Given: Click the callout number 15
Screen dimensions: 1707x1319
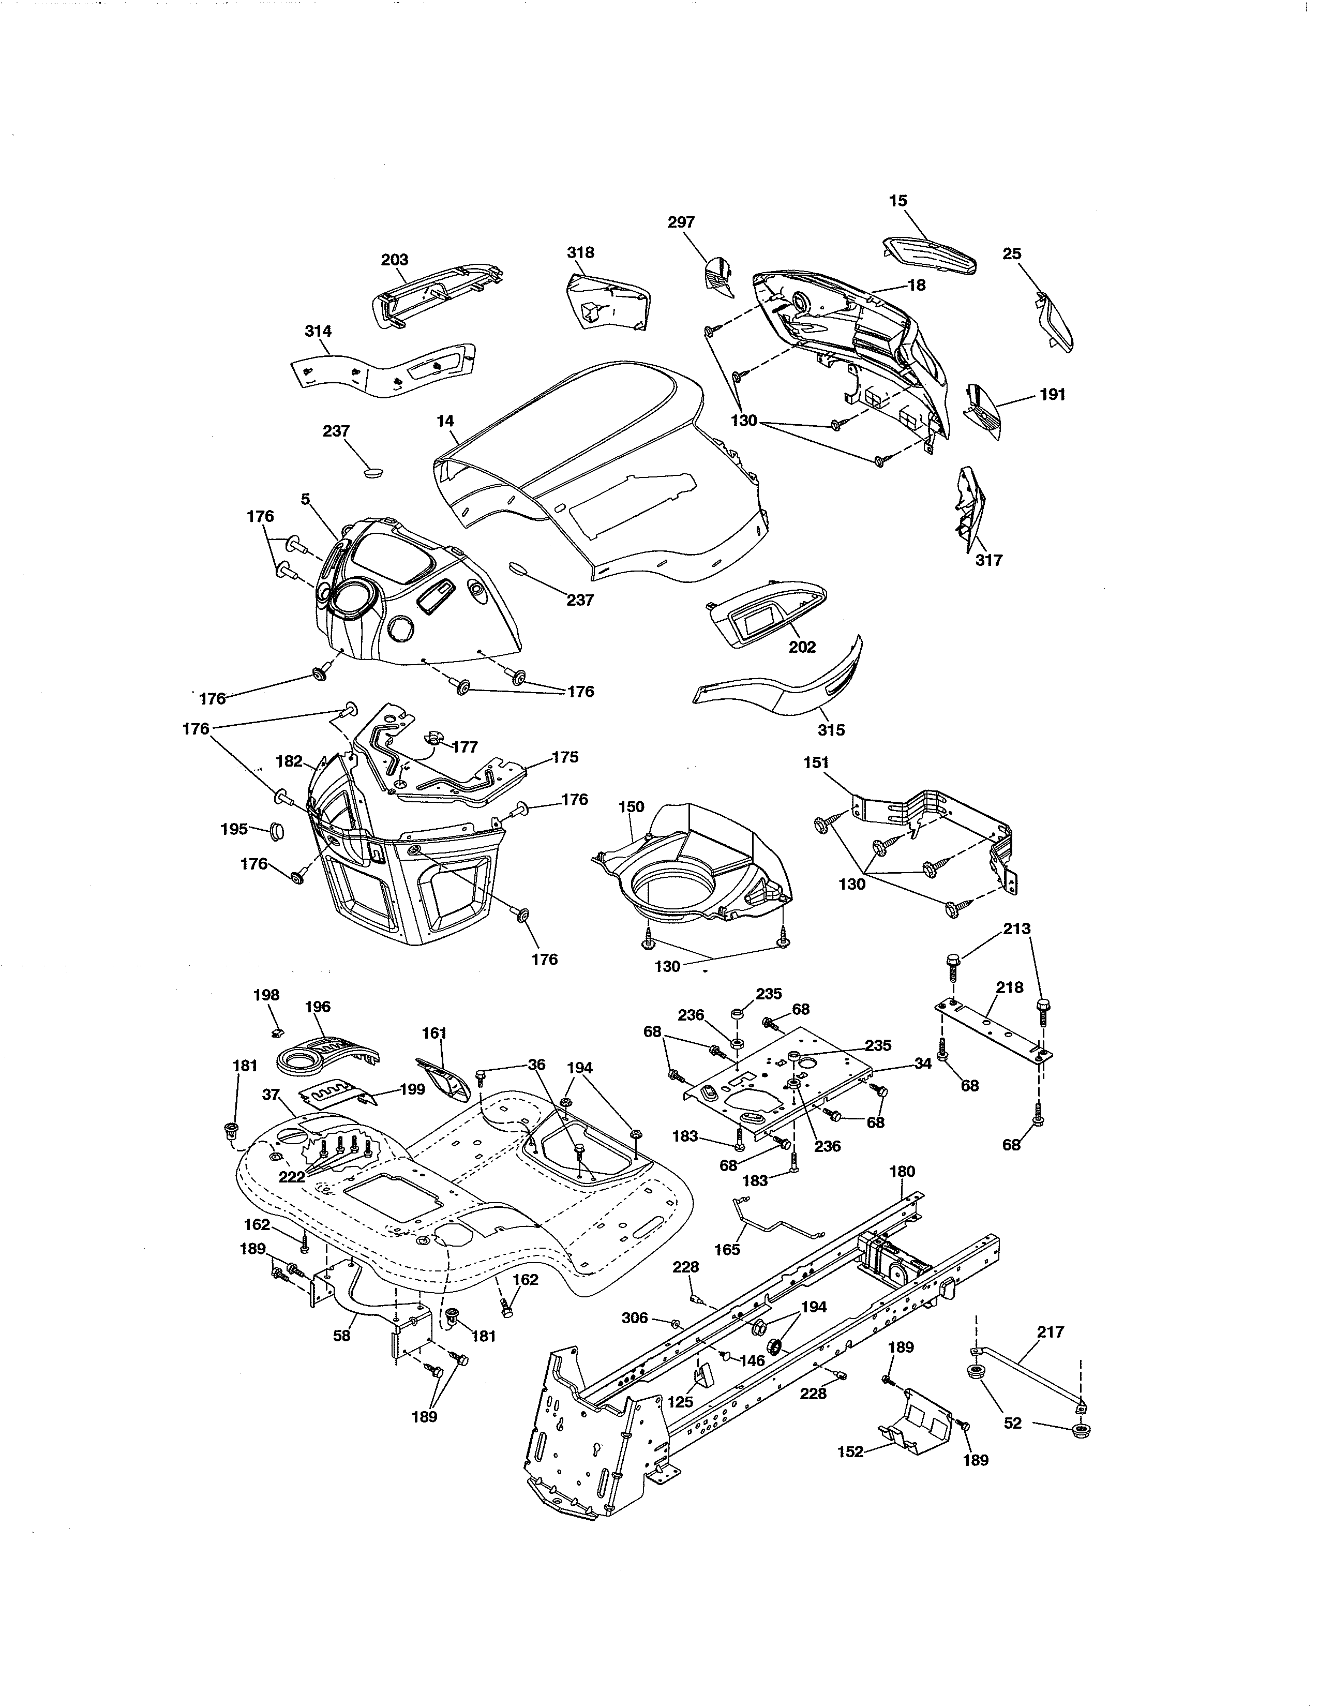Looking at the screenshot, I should pos(898,201).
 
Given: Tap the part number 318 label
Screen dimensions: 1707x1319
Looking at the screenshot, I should pos(580,252).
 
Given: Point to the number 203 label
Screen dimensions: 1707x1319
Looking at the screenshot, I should pos(395,260).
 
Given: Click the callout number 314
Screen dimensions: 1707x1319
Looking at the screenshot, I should pos(318,332).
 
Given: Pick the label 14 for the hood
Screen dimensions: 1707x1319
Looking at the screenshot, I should pos(445,421).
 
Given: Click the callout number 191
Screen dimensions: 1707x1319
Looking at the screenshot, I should pos(1053,395).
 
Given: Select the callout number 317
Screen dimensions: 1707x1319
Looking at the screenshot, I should pos(988,560).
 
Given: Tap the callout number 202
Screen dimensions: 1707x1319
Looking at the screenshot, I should pos(802,647).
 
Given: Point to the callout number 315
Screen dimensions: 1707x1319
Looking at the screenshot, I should pos(831,729).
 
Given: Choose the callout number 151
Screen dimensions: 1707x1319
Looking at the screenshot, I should pos(816,762).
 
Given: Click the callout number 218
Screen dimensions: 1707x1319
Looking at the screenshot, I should pos(1010,987).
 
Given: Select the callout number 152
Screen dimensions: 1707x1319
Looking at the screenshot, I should pos(850,1451).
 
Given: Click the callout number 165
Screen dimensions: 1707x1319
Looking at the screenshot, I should pos(727,1249).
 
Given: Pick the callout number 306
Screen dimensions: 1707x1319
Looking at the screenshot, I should pos(635,1318).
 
